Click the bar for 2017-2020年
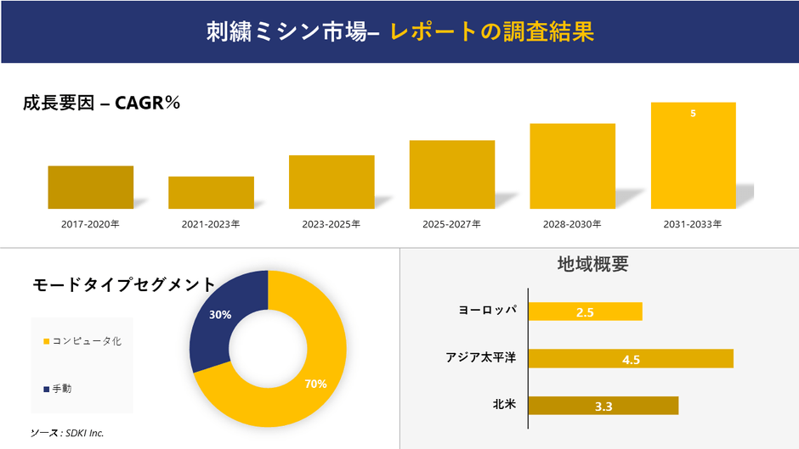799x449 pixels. coord(90,187)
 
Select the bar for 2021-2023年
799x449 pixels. coord(211,192)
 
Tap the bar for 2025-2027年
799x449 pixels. coord(451,174)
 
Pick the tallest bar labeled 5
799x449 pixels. coord(693,155)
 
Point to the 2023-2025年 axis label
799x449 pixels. coord(331,225)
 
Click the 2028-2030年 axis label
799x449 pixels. coord(572,225)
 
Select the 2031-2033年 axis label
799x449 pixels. coord(693,225)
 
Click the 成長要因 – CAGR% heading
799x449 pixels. coord(102,104)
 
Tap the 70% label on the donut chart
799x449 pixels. coord(315,384)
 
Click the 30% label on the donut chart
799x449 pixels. coord(220,314)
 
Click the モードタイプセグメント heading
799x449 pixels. coord(124,284)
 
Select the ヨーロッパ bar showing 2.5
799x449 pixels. coord(585,311)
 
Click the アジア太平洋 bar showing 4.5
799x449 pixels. coord(631,359)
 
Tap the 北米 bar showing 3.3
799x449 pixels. coord(603,406)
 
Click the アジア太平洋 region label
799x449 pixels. coord(481,358)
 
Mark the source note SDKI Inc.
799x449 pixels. coord(67,433)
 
